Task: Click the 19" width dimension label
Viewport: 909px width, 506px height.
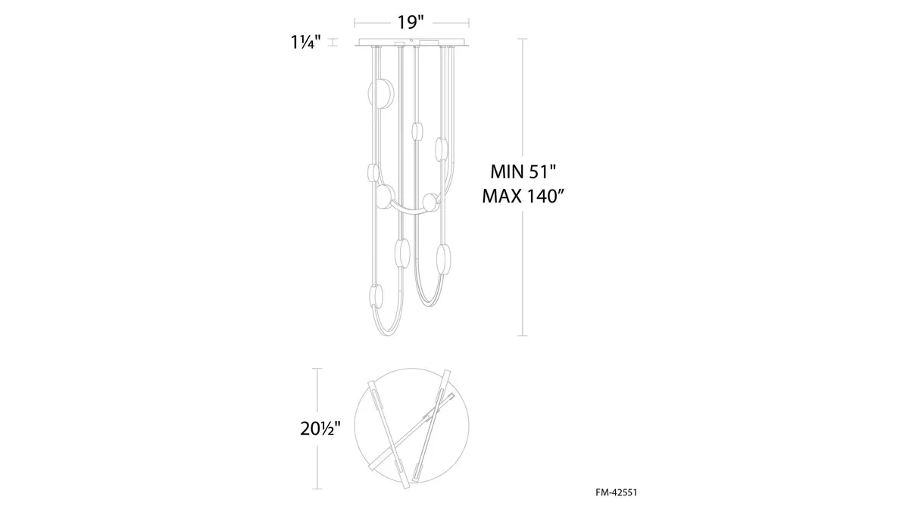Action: (x=411, y=22)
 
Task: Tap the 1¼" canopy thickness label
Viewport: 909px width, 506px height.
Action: (x=306, y=42)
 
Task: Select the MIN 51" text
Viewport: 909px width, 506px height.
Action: (x=523, y=171)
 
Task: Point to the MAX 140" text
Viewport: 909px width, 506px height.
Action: (x=523, y=196)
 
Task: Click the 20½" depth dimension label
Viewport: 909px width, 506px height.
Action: (x=320, y=429)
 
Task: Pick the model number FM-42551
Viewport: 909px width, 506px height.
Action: (x=617, y=492)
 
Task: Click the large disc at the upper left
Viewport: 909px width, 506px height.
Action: (x=380, y=93)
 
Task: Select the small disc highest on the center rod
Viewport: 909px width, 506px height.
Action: (x=417, y=131)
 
